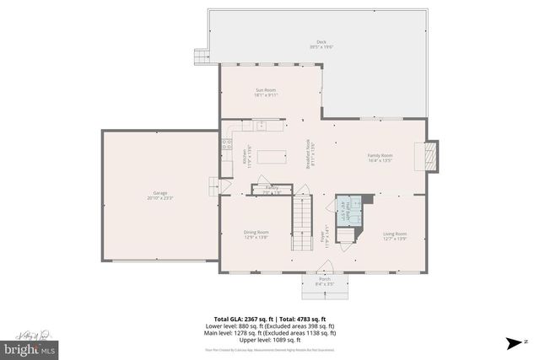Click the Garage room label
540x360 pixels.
160,195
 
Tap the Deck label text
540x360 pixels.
321,44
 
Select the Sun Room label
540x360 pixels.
267,92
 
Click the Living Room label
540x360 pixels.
395,235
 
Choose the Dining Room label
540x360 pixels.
256,234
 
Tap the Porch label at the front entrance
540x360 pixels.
324,282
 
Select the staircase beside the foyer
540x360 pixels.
302,222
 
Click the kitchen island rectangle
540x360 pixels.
271,156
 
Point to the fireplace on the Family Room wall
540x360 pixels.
430,155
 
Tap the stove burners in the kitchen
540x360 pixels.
226,145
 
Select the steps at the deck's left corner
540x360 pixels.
202,56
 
